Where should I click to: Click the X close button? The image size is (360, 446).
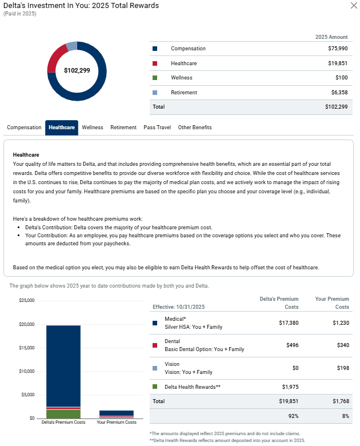(x=353, y=6)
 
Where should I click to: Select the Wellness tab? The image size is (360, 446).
(x=93, y=128)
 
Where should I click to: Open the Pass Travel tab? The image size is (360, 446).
(x=157, y=128)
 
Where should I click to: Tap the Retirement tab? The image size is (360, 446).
(x=123, y=128)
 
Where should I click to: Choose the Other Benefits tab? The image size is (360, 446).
(x=195, y=128)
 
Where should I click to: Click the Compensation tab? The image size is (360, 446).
(x=24, y=128)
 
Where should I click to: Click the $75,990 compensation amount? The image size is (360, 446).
(x=335, y=49)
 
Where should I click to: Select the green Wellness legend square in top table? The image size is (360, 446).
(x=155, y=78)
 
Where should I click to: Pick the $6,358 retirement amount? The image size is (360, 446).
(x=337, y=92)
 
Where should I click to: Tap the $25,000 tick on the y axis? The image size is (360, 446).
(x=27, y=301)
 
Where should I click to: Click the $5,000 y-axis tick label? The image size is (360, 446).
(x=28, y=395)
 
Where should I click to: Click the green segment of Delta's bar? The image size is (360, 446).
(x=63, y=414)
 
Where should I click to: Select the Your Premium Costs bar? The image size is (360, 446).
(x=117, y=413)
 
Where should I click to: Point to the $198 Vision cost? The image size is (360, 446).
(x=342, y=368)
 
